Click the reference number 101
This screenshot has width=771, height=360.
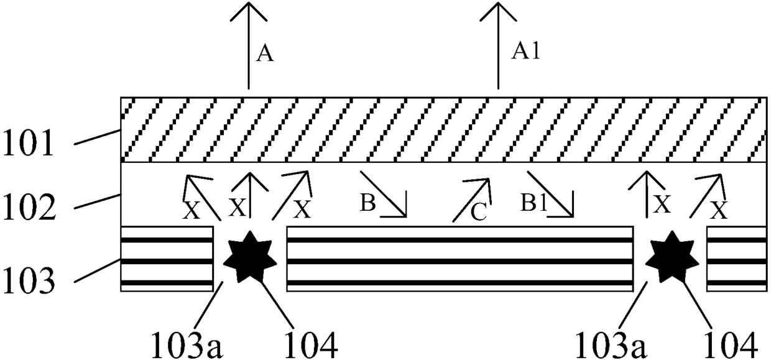pos(28,143)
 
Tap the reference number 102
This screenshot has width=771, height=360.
pos(29,207)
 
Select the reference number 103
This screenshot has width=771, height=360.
pos(29,280)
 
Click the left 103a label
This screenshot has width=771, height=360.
pos(187,345)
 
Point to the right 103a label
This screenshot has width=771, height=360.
pos(610,345)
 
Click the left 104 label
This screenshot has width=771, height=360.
pos(310,345)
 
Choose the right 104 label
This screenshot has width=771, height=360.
pos(731,345)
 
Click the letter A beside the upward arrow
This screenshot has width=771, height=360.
pos(265,54)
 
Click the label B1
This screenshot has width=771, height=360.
pos(533,202)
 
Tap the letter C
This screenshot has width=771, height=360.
pos(478,212)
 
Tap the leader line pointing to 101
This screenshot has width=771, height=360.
pos(98,137)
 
